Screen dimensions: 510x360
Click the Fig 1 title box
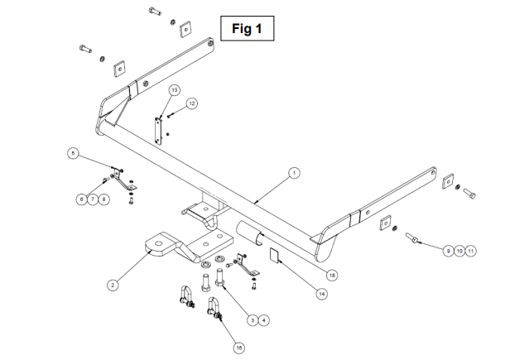248,28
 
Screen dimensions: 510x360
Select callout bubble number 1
294,173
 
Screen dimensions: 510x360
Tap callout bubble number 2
113,286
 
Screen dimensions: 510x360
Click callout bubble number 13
175,89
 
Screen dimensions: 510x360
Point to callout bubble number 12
192,103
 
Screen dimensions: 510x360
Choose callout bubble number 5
73,153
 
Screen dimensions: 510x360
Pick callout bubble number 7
93,199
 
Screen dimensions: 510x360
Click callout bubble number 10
459,251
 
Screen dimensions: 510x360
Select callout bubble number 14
322,294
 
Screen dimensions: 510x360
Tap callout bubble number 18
332,276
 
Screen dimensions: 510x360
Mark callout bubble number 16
239,348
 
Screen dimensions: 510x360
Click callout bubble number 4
264,320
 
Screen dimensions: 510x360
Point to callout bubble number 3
253,320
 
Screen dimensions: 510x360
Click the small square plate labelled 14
274,255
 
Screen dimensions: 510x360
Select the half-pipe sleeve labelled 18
249,233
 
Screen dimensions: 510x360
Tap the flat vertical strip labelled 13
158,131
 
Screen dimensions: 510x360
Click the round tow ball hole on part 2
159,244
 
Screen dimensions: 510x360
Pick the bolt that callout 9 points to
411,238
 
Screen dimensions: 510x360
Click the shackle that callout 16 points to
214,308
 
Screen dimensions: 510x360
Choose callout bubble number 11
470,251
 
